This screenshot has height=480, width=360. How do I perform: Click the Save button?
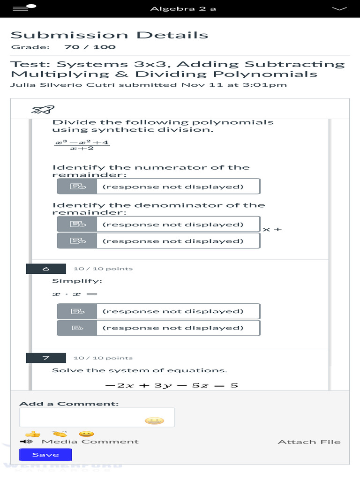(45, 455)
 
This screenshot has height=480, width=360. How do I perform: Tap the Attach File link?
(309, 442)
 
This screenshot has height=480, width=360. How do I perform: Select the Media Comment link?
(90, 442)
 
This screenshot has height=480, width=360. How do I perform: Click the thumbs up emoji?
(32, 434)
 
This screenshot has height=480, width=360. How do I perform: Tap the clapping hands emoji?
(60, 434)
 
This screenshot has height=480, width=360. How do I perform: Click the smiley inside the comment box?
(154, 420)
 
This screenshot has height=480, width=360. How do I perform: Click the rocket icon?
(43, 110)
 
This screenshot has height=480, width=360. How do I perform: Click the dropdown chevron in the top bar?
(338, 8)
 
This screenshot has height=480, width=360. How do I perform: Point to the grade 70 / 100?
(90, 47)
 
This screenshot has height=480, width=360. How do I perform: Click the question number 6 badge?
(45, 269)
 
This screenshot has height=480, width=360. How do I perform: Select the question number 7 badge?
(45, 358)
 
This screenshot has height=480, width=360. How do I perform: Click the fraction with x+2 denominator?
(82, 145)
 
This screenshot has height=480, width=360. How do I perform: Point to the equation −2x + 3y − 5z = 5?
(172, 385)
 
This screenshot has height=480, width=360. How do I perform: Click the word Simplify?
(77, 281)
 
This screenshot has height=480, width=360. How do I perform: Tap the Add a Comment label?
(69, 404)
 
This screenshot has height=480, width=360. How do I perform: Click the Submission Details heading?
(109, 35)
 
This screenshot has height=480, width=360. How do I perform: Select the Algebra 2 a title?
(183, 9)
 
